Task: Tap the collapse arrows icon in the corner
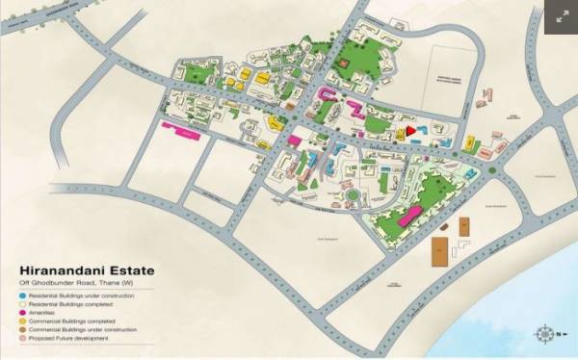click(x=559, y=15)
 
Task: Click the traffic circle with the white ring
click(x=353, y=195)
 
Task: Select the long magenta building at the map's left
click(x=182, y=130)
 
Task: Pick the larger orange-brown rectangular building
click(x=439, y=251)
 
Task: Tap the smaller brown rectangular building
click(x=463, y=227)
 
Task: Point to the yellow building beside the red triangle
click(x=398, y=136)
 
